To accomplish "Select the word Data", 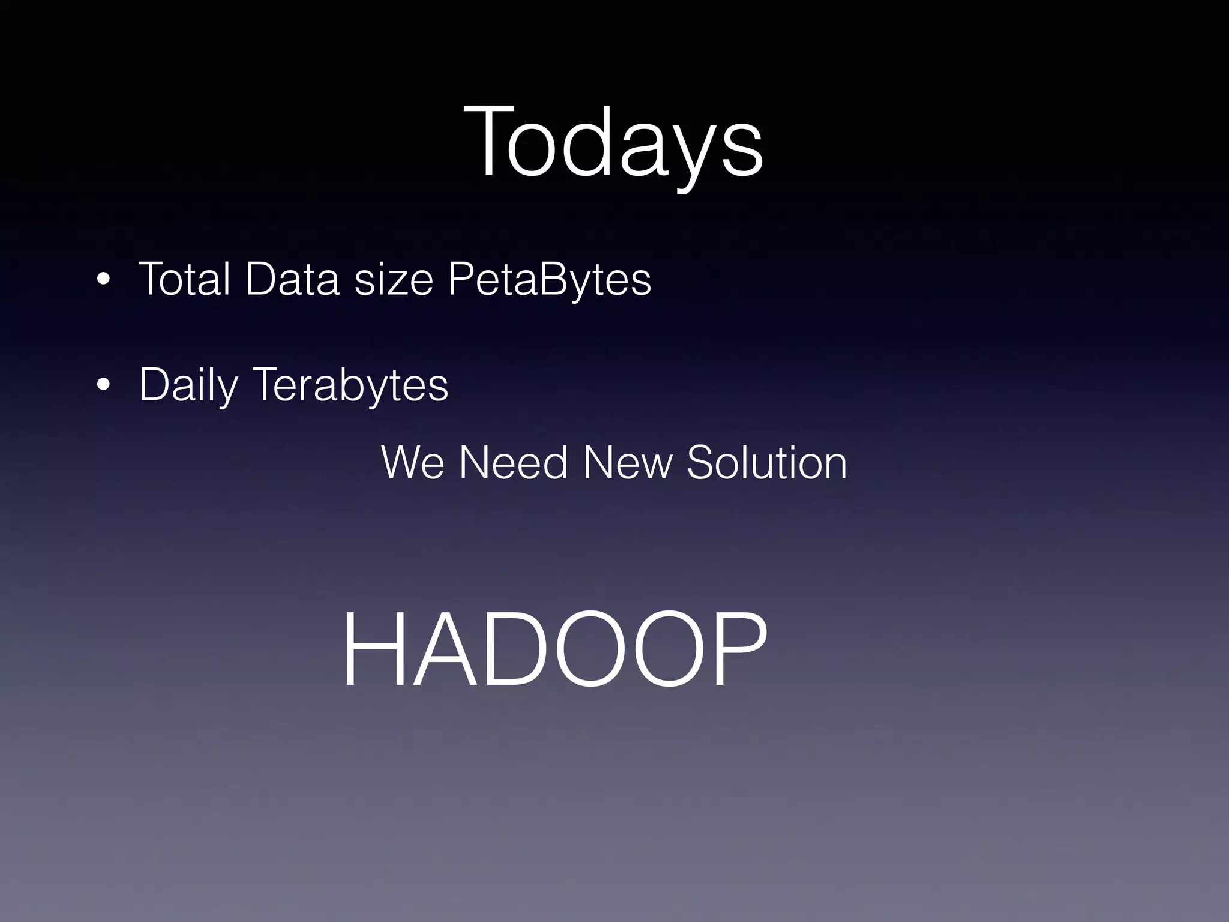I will [293, 279].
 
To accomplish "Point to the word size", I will [394, 280].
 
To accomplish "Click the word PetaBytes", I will [549, 280].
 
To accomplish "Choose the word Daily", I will [188, 385].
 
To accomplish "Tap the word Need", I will [513, 463].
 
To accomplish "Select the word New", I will [628, 463].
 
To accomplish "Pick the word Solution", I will [766, 463].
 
